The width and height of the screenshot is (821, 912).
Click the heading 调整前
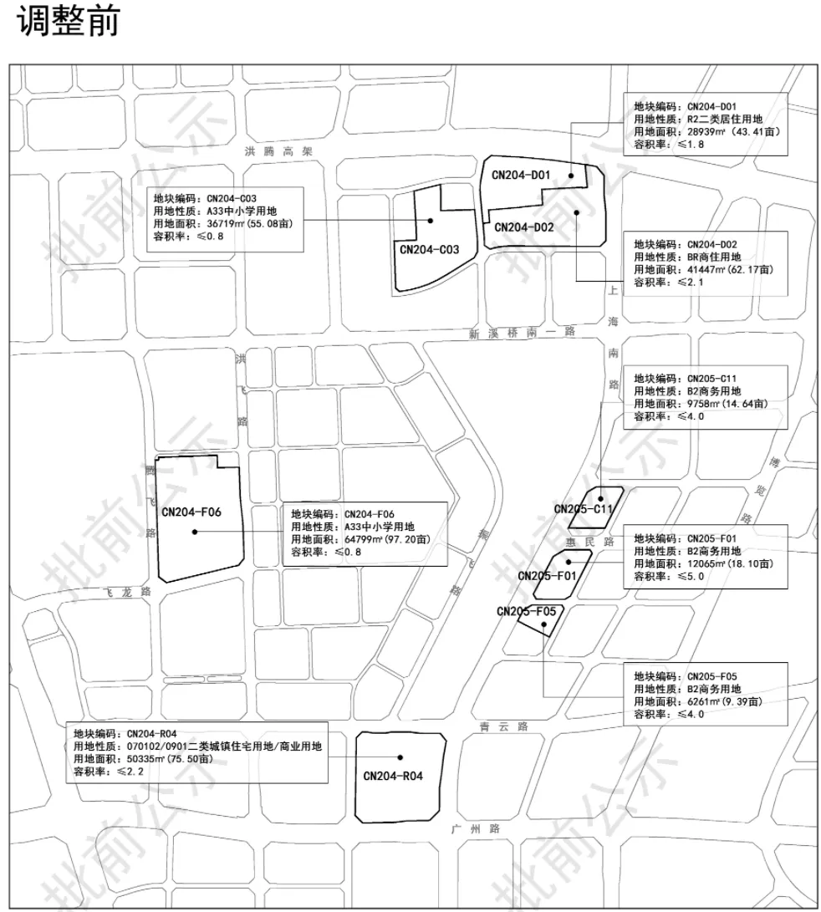click(68, 23)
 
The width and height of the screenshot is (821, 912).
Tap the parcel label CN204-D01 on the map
click(520, 175)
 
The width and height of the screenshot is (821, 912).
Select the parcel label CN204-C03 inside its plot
click(429, 249)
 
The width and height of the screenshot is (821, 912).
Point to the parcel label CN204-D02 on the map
click(524, 227)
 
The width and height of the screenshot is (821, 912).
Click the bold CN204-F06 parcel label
click(191, 512)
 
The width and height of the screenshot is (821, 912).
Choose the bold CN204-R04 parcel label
click(393, 776)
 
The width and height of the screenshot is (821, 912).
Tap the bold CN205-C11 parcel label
click(584, 509)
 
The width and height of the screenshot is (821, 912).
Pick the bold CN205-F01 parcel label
click(547, 576)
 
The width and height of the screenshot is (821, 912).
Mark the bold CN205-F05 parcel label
click(526, 611)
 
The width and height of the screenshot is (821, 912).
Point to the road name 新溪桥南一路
click(522, 333)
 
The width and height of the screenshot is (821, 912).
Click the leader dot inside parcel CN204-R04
click(400, 756)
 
